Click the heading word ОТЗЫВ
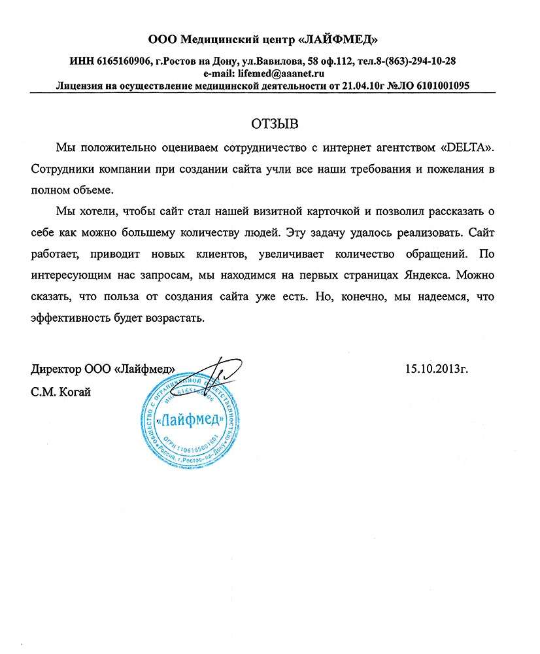[269, 123]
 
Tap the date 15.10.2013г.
[437, 369]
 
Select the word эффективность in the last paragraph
[72, 318]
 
